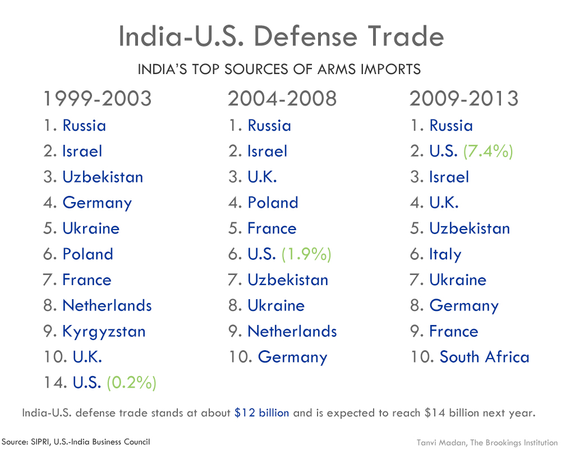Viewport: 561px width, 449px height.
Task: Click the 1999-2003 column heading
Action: coord(98,99)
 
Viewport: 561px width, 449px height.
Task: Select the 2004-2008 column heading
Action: coord(282,99)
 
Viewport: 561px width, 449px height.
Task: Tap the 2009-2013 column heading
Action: coord(465,99)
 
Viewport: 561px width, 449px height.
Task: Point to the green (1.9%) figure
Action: coord(306,255)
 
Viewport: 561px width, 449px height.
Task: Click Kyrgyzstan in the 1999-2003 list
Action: coord(104,332)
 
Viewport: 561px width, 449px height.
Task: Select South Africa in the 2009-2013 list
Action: coord(484,358)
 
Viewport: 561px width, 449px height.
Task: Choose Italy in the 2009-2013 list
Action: coord(445,255)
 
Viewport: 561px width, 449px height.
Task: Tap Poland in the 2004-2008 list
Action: coord(273,203)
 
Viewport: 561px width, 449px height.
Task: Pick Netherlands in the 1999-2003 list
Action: coord(107,306)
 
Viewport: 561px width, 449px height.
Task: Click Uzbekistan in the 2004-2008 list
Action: coord(288,280)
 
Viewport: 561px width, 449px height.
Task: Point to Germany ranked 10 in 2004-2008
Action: coord(292,358)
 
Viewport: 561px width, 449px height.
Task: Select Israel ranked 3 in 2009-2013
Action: coord(449,177)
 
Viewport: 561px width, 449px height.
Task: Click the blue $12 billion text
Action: coord(262,414)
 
